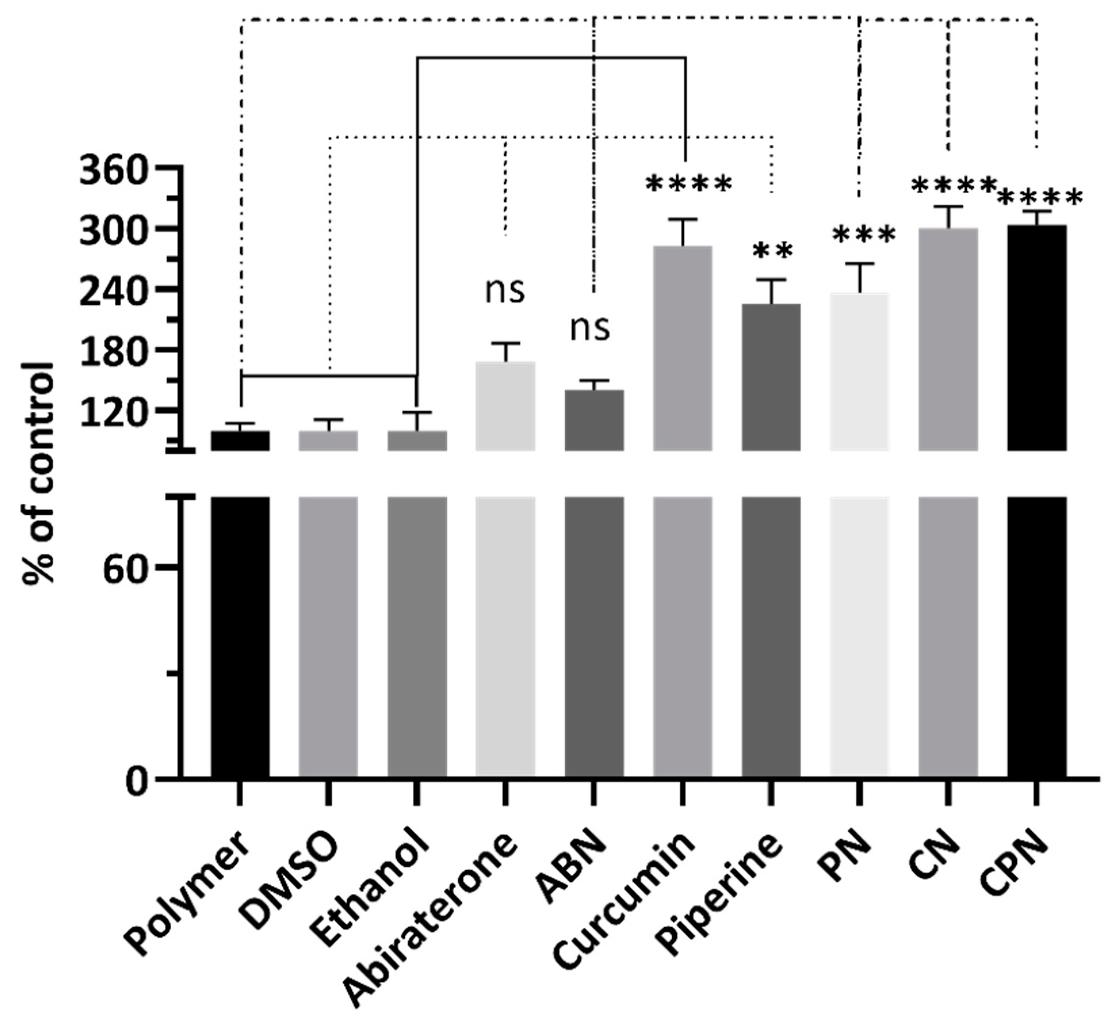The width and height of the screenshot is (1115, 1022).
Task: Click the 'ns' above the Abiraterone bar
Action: (504, 292)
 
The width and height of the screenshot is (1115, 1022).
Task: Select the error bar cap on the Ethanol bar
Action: (417, 412)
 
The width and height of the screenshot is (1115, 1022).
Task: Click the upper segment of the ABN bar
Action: (594, 420)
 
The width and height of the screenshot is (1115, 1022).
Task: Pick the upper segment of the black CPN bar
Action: (1037, 337)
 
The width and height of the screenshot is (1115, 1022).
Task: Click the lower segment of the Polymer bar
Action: (240, 636)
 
